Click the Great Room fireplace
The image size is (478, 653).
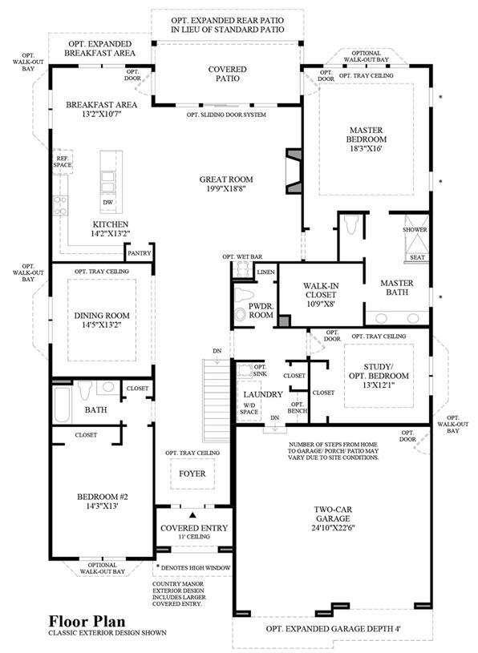294,171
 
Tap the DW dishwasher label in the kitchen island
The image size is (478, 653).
108,203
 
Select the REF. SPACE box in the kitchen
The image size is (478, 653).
63,162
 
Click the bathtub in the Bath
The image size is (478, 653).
62,405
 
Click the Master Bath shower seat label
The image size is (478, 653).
417,257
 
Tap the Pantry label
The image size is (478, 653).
140,253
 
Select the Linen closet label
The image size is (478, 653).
266,272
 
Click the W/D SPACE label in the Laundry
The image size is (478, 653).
249,409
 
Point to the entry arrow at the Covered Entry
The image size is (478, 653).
192,515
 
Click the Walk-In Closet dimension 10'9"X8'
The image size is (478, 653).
321,304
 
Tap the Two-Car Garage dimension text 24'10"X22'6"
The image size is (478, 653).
333,528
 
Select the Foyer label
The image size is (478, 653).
192,474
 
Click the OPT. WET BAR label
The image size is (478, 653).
242,257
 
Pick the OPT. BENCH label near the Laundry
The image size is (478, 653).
297,408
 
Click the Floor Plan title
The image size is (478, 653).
87,621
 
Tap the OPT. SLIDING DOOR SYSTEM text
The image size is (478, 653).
226,115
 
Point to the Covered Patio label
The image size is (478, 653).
227,74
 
